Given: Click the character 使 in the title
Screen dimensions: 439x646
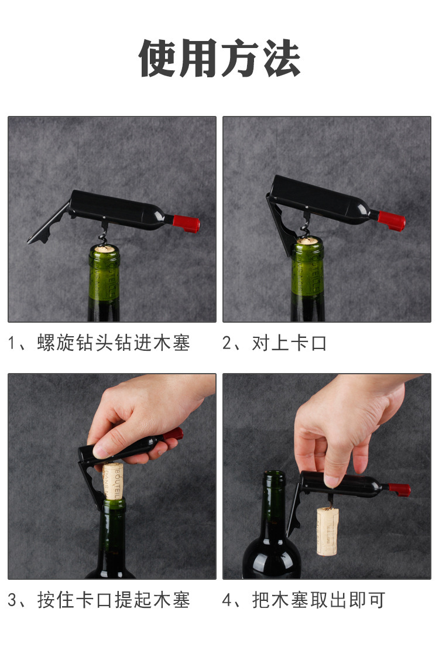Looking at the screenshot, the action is click(158, 57).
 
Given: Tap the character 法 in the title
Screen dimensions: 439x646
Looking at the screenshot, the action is click(282, 57).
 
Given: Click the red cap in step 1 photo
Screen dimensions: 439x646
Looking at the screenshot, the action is click(186, 223).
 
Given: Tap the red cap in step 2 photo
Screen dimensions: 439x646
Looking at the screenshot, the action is click(392, 220).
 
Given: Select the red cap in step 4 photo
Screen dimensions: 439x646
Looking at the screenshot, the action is click(400, 490).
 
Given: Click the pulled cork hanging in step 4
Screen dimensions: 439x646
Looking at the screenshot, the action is click(327, 531).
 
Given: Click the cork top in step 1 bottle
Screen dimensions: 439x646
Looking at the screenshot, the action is click(104, 248).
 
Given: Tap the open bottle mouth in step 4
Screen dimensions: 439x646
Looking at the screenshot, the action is click(275, 474).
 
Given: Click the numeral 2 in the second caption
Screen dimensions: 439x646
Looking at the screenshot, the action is click(227, 343).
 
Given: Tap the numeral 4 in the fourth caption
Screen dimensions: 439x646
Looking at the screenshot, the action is click(227, 600).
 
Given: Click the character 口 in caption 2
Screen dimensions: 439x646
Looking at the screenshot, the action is click(319, 343).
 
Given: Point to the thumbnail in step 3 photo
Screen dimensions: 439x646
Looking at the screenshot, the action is click(101, 452).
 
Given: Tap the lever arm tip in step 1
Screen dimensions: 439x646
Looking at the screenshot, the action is click(31, 241).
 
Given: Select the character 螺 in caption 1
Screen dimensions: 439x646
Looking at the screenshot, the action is click(46, 343).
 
